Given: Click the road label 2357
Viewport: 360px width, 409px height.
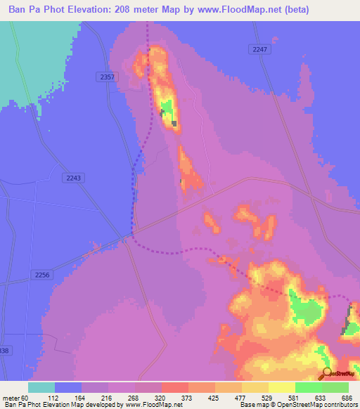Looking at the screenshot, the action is (108, 76).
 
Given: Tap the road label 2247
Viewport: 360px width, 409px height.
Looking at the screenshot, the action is (259, 49).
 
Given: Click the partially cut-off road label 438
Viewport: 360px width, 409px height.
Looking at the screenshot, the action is (5, 349).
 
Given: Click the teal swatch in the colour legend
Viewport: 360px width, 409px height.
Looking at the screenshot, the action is (41, 387).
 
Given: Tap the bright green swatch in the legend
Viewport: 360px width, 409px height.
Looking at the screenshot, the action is (309, 387).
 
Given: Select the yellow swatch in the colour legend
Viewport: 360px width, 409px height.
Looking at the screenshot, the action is (255, 387).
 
